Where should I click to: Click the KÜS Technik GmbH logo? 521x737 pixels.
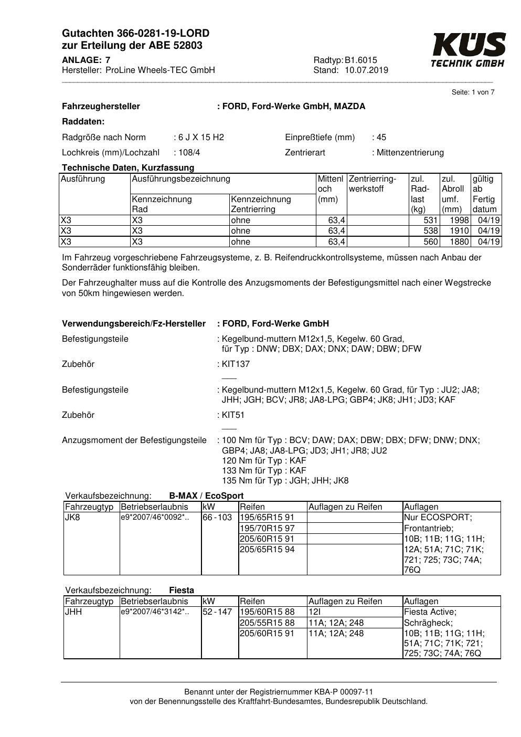(468, 50)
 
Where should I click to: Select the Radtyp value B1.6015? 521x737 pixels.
(361, 60)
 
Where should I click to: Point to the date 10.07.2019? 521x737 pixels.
(366, 70)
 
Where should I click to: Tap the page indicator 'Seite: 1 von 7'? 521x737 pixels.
(473, 92)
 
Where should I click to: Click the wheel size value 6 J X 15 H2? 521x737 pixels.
(201, 138)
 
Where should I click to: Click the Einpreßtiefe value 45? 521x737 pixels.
(381, 138)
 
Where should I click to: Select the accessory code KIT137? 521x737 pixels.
(236, 364)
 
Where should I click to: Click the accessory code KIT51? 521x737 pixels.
(233, 415)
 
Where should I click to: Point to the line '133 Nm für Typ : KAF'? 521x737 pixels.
(264, 471)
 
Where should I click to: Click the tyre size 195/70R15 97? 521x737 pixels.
(267, 528)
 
